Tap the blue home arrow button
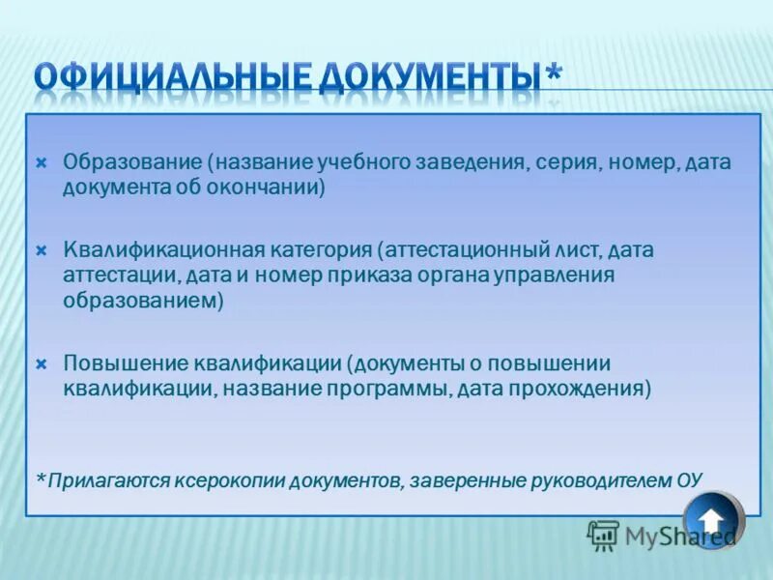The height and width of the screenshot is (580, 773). click(x=713, y=519)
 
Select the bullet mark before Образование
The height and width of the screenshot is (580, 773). click(x=42, y=162)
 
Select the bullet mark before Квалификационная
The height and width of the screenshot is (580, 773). click(x=42, y=250)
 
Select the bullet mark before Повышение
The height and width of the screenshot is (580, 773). click(x=42, y=364)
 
